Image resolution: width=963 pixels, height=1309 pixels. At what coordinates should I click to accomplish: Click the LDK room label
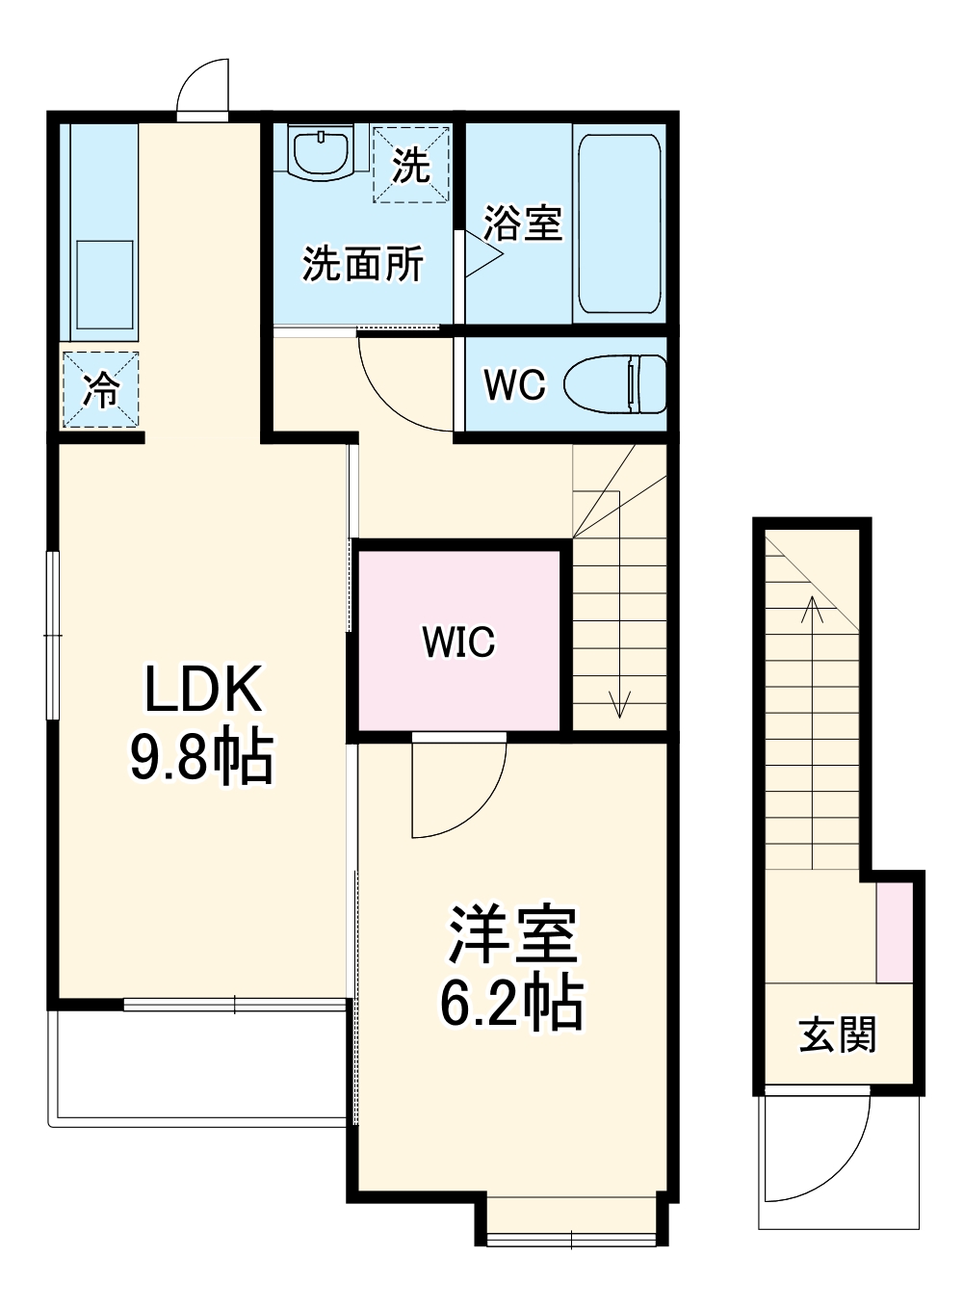click(202, 690)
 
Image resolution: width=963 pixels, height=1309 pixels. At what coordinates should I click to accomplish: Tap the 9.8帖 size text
click(202, 757)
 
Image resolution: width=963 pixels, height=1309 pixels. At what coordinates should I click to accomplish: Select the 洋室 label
click(511, 934)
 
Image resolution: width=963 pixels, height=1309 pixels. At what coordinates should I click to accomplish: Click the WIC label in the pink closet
click(458, 641)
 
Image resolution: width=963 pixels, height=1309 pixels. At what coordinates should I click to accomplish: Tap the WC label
click(514, 385)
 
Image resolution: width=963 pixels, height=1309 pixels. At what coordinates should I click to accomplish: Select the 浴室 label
click(522, 223)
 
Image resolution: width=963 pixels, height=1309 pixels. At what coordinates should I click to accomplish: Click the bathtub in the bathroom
click(618, 223)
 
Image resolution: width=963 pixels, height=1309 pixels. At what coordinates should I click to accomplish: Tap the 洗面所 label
click(362, 263)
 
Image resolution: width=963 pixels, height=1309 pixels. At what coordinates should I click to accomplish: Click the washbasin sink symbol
click(321, 154)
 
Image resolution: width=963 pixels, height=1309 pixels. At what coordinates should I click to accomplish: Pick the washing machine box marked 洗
click(411, 165)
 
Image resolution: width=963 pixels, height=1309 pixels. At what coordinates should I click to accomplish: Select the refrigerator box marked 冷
click(101, 390)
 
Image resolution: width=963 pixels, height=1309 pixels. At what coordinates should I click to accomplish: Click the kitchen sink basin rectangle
click(104, 285)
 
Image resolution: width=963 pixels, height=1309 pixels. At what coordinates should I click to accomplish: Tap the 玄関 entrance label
click(837, 1035)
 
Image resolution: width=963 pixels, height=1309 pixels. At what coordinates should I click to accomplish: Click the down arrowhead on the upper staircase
click(618, 707)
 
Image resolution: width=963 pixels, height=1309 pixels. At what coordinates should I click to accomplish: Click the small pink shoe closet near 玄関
click(895, 932)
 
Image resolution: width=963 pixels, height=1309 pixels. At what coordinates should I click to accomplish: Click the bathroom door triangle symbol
click(482, 254)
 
